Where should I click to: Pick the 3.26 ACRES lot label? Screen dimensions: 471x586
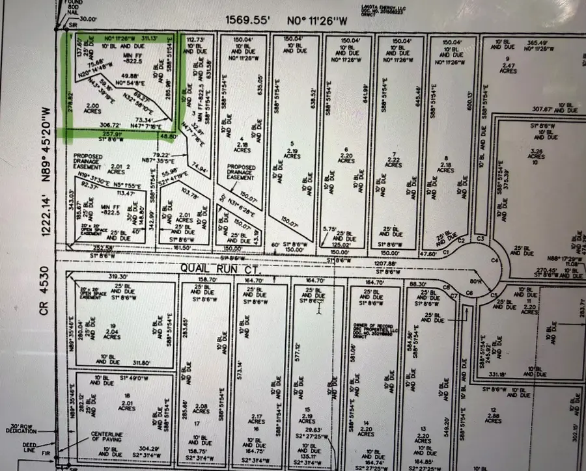(536, 155)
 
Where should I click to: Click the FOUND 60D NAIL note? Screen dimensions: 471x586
(66, 7)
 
